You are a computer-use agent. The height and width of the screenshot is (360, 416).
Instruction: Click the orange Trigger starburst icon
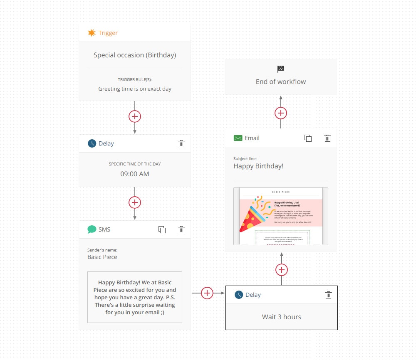coord(92,33)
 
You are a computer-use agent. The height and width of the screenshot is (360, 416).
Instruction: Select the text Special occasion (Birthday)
coord(135,55)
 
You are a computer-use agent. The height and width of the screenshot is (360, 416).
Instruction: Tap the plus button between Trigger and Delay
coord(135,116)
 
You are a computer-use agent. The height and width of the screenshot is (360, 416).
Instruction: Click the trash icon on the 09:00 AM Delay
coord(181,143)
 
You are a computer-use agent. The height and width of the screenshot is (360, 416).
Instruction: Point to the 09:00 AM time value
coord(135,174)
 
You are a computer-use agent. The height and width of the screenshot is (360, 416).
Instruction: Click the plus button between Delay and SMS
coord(135,202)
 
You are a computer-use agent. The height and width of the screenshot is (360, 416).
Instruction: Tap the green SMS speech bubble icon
coord(92,229)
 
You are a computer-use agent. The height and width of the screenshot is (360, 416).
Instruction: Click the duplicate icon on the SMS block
coord(162,229)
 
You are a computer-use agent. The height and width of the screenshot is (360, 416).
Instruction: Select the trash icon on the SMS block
coord(181,229)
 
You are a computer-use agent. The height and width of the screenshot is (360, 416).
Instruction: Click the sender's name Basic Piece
coord(102,257)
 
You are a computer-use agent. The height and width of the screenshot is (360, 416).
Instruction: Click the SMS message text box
coord(135,297)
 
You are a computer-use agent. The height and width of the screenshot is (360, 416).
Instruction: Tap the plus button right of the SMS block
coord(207,293)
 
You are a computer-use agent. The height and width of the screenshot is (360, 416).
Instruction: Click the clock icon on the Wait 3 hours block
coord(239,295)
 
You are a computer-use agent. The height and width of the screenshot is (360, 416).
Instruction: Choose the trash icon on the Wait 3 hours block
coord(328,295)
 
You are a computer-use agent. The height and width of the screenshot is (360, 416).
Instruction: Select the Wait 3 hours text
coord(281,317)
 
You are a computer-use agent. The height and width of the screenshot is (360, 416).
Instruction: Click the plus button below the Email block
coord(282,270)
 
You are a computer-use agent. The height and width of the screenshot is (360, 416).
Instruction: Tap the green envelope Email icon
coord(238,138)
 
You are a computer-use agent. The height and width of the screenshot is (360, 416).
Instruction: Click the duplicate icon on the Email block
coord(308,138)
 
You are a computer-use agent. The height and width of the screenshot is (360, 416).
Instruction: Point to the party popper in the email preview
coord(255,216)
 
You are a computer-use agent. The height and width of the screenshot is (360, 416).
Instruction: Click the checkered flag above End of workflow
coord(281,69)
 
